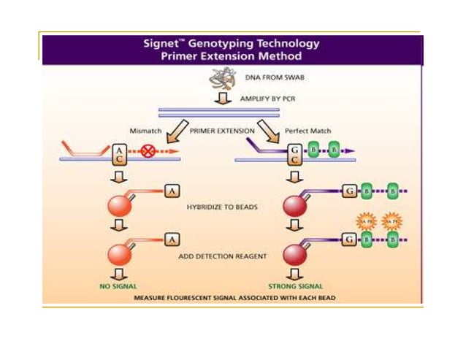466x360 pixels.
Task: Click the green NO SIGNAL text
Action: click(x=119, y=286)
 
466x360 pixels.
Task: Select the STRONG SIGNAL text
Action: click(x=294, y=286)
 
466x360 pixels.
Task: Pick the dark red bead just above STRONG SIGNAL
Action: click(x=294, y=255)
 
